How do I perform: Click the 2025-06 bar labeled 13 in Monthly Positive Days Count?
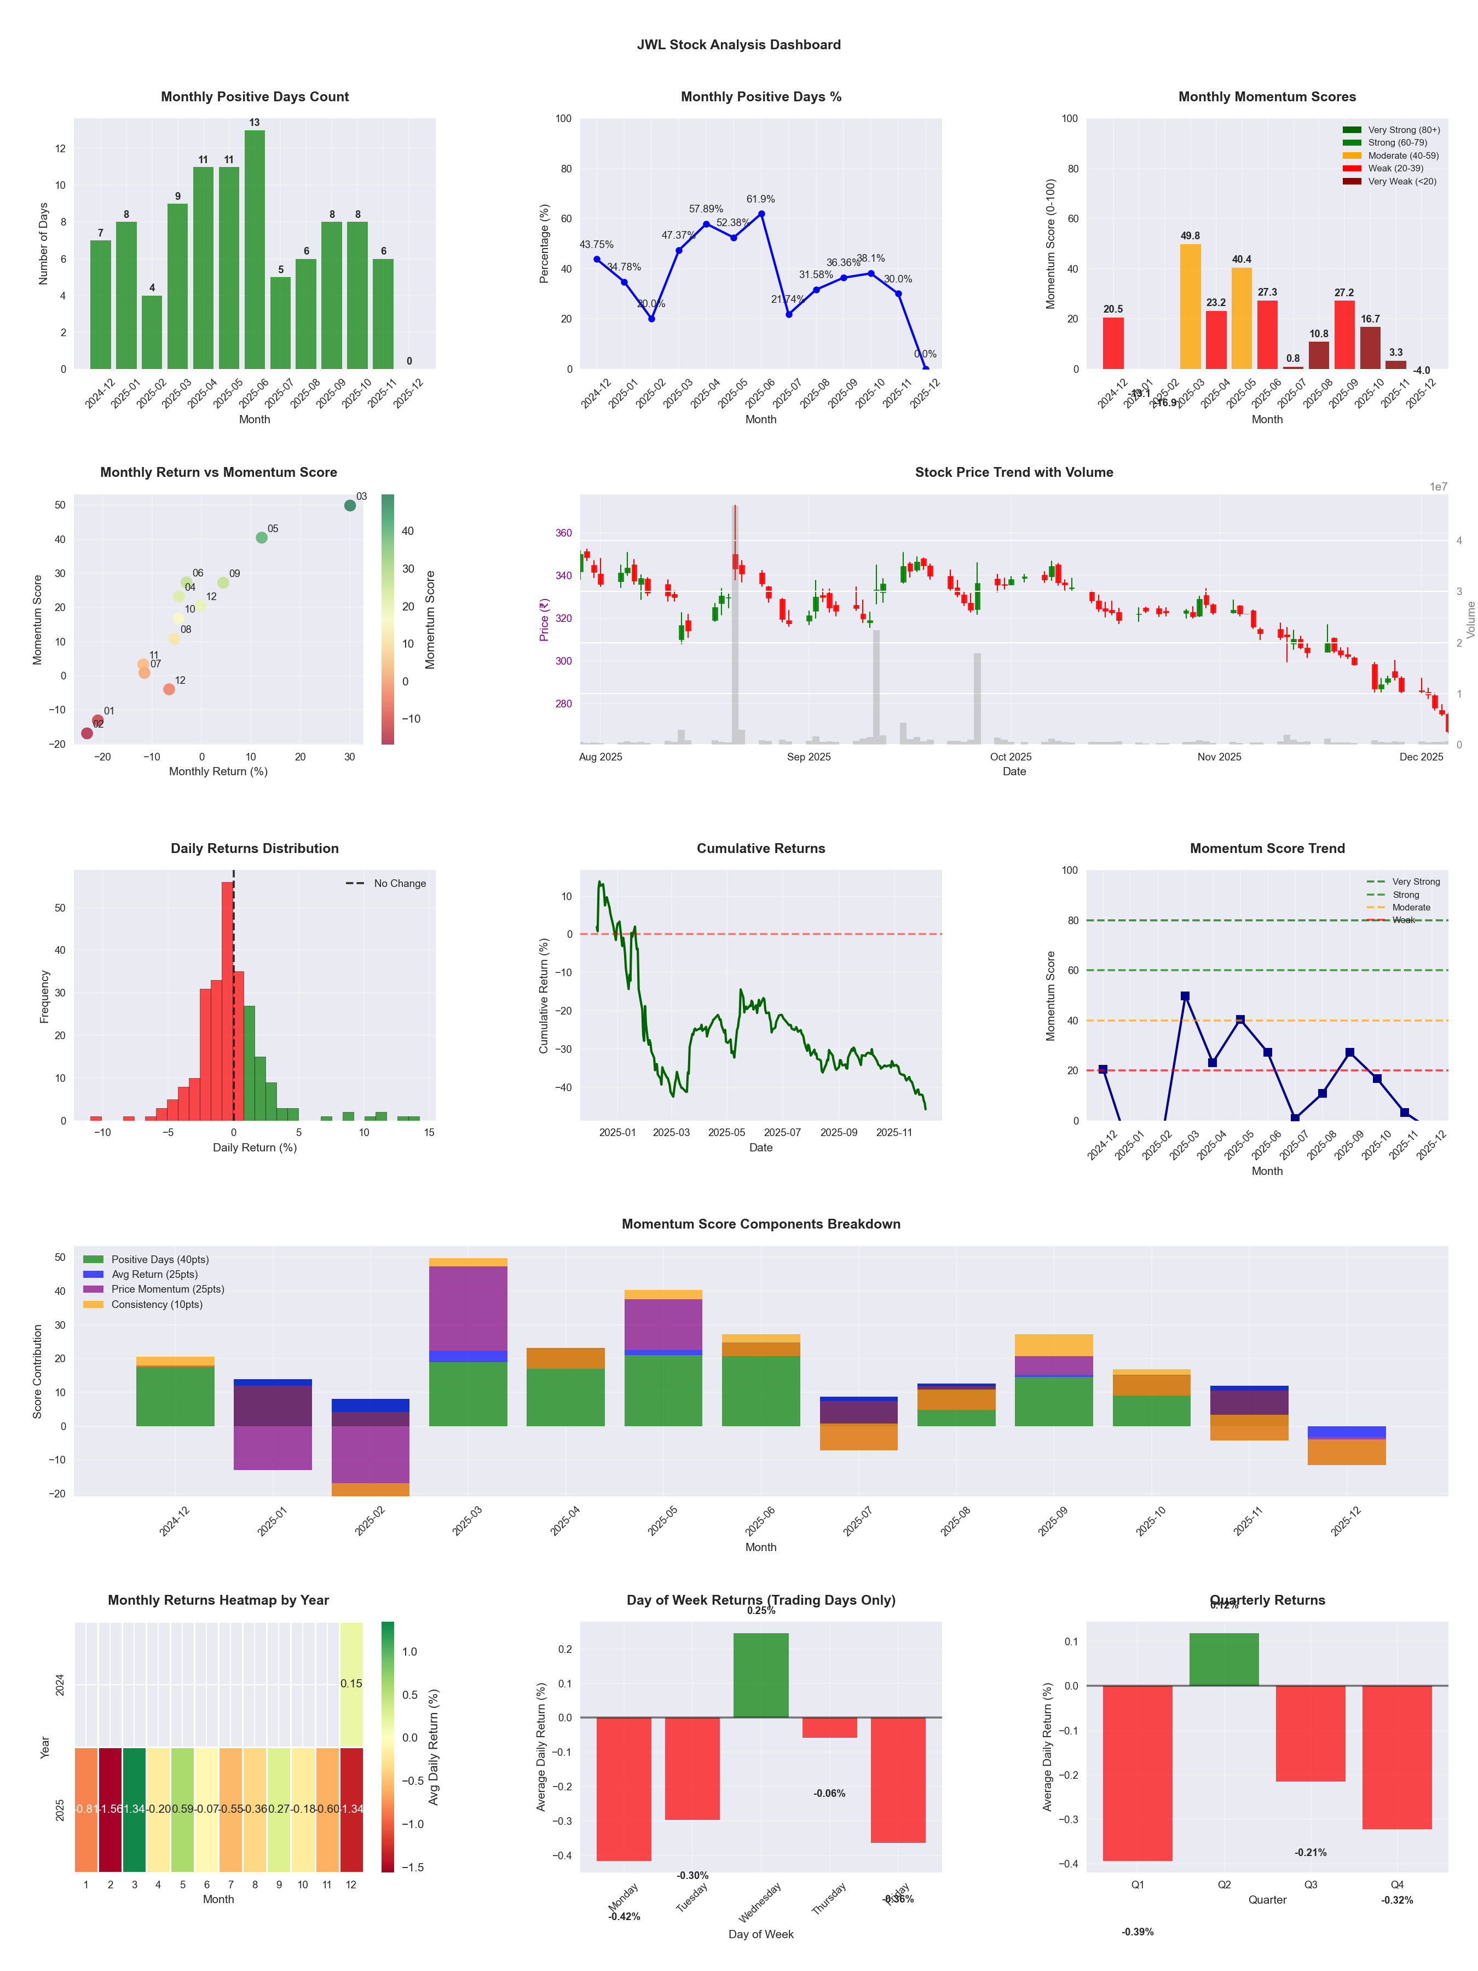[x=254, y=250]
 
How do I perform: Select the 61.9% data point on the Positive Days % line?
[x=761, y=214]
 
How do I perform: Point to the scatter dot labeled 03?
[x=350, y=505]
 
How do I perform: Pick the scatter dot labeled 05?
[x=261, y=537]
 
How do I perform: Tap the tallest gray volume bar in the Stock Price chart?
[x=735, y=624]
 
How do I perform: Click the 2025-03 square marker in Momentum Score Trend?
[x=1185, y=996]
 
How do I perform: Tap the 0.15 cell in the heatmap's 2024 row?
[x=351, y=1683]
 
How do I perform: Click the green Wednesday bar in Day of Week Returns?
[x=761, y=1675]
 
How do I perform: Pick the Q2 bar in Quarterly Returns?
[x=1224, y=1659]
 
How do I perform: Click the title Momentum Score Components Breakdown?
[x=761, y=1224]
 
